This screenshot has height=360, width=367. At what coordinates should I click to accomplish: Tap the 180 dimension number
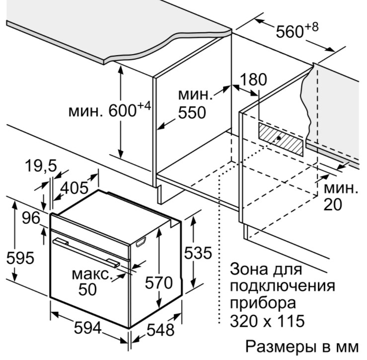253,79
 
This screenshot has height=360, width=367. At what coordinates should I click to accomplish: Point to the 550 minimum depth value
192,112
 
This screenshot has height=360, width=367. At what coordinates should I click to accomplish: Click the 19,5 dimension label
41,166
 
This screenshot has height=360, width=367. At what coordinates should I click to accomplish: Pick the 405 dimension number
74,188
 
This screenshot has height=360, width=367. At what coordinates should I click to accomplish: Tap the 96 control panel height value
31,218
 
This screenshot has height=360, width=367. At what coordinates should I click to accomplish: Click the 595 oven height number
20,258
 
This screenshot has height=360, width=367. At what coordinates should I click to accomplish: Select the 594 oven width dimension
88,328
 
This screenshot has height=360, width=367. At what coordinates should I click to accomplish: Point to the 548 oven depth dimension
160,330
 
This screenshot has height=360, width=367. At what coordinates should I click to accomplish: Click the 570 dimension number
159,282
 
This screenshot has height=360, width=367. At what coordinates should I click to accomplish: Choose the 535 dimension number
198,253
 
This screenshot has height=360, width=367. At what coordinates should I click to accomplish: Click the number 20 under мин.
333,204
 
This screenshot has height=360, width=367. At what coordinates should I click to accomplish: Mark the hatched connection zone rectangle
281,139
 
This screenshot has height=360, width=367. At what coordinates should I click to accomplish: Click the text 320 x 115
267,321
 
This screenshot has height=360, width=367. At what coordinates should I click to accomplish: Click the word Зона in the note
249,269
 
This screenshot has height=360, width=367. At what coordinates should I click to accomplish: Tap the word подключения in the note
283,286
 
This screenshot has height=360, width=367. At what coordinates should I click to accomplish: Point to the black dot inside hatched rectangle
279,138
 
